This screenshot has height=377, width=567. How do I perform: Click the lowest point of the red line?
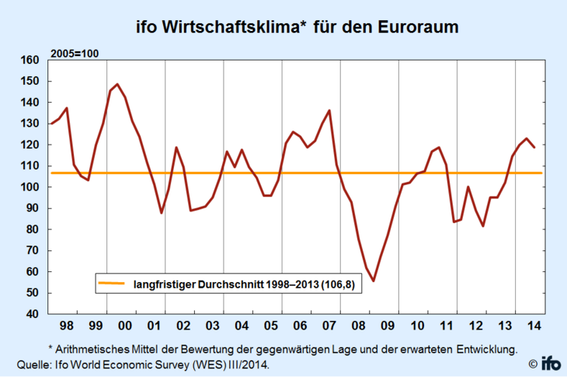(x=374, y=281)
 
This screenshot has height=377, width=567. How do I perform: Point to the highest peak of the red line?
(x=117, y=84)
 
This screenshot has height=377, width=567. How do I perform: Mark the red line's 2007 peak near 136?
(x=329, y=110)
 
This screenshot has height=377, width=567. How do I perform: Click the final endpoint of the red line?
(x=534, y=147)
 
